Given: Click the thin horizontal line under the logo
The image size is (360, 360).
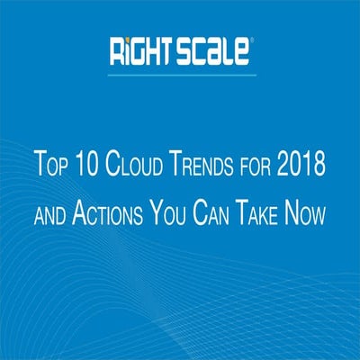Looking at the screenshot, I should (x=180, y=74).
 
